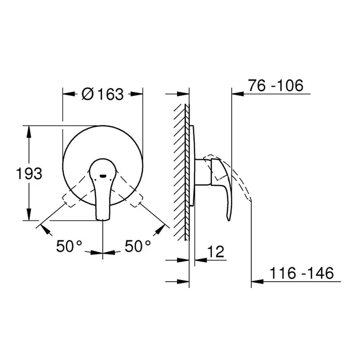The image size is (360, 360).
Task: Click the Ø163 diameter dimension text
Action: point(103,94)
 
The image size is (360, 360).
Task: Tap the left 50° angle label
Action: point(70,247)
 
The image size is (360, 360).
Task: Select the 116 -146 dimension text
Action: point(302,273)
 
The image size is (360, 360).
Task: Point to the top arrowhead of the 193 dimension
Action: point(29,130)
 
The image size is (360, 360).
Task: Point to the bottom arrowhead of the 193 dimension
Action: point(29,216)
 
